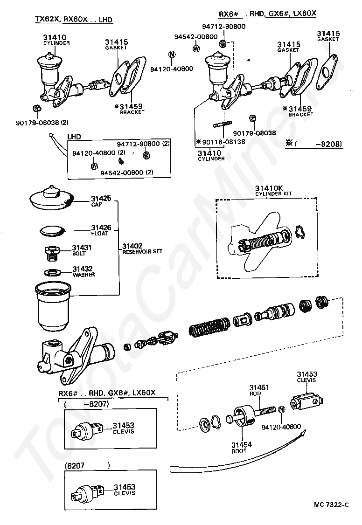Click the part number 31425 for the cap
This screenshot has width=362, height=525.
click(101, 199)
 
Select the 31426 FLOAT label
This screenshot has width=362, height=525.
click(101, 230)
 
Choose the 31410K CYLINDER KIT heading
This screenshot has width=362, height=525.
click(265, 191)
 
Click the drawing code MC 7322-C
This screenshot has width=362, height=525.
click(331, 505)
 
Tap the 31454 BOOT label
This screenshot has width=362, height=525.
click(242, 447)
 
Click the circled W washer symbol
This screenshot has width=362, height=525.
click(196, 48)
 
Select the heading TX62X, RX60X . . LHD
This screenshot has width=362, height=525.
click(74, 20)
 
